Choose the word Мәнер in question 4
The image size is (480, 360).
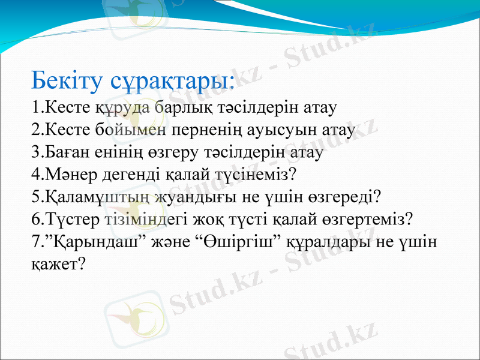(x=67, y=175)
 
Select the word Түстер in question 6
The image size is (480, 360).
(x=68, y=218)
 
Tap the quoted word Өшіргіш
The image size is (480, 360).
(x=239, y=241)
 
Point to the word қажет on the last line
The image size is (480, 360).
(x=55, y=263)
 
